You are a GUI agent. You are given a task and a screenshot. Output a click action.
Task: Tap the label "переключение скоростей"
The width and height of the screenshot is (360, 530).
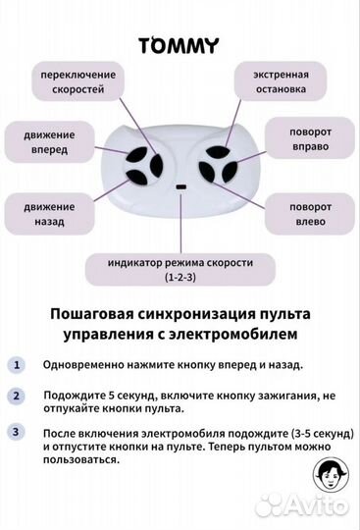(x=78, y=81)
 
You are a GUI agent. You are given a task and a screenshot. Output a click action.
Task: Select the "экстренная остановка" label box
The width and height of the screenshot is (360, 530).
(x=281, y=81)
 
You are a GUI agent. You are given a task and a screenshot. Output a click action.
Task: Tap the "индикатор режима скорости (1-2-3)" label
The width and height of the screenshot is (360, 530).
(x=180, y=271)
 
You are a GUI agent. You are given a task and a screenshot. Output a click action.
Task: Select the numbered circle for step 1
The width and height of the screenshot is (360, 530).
(x=16, y=364)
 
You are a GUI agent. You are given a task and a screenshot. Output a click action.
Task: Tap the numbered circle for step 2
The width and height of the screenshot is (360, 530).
(x=16, y=397)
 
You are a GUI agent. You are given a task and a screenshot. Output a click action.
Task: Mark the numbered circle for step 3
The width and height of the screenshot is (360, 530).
(x=16, y=431)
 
